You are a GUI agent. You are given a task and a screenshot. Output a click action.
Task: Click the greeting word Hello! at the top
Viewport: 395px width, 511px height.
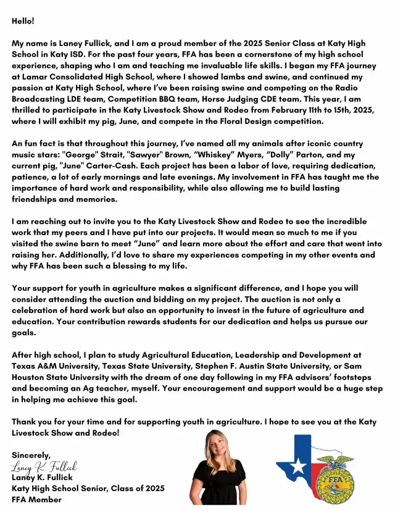coord(23,21)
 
